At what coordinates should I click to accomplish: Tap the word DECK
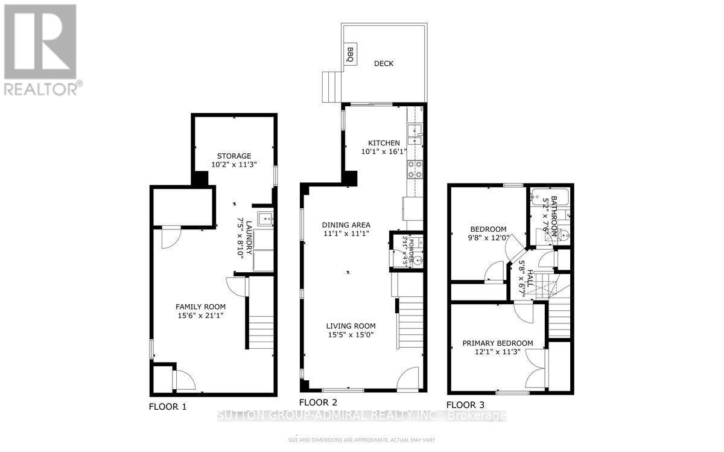pos(384,63)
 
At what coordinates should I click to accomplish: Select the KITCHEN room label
pos(380,142)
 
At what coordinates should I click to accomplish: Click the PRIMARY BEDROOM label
pos(498,343)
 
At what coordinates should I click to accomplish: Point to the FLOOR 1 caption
pos(168,407)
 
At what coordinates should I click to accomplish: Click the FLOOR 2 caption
pos(318,401)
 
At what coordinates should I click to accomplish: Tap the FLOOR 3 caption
pos(465,405)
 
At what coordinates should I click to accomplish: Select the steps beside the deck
pos(331,87)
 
